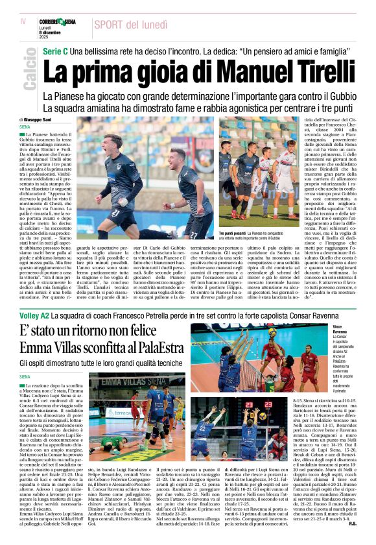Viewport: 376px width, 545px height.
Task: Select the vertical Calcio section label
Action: pos(29,72)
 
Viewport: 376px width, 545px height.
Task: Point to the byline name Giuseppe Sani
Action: pos(43,120)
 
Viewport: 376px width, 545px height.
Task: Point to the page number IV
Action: pos(23,21)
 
